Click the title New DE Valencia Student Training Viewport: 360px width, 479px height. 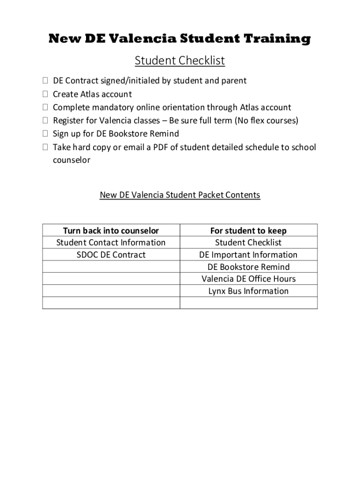coord(180,39)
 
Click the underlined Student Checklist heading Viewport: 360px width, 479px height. coord(180,61)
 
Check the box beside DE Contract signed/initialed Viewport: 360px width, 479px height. coord(45,81)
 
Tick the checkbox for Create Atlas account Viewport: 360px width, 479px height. coord(45,94)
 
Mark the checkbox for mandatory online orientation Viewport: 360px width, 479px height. coord(45,108)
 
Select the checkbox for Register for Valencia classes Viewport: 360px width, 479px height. coord(45,121)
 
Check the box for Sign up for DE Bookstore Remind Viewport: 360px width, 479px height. coord(45,134)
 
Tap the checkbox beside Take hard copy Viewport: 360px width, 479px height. coord(45,147)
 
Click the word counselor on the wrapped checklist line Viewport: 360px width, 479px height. coord(72,160)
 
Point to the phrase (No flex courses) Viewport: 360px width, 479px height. coord(266,121)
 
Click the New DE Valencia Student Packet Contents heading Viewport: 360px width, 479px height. coord(180,195)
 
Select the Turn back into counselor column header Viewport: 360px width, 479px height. coord(111,231)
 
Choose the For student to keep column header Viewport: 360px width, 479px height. coord(248,231)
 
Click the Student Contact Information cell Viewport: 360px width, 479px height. coord(111,242)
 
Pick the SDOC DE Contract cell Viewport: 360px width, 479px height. coord(111,255)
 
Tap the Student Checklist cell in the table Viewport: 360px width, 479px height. coord(248,242)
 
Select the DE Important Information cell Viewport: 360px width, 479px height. coord(248,255)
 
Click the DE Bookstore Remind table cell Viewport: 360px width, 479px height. coord(248,267)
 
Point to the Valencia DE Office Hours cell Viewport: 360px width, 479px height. coord(248,279)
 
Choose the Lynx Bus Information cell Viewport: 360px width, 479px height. coord(248,291)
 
